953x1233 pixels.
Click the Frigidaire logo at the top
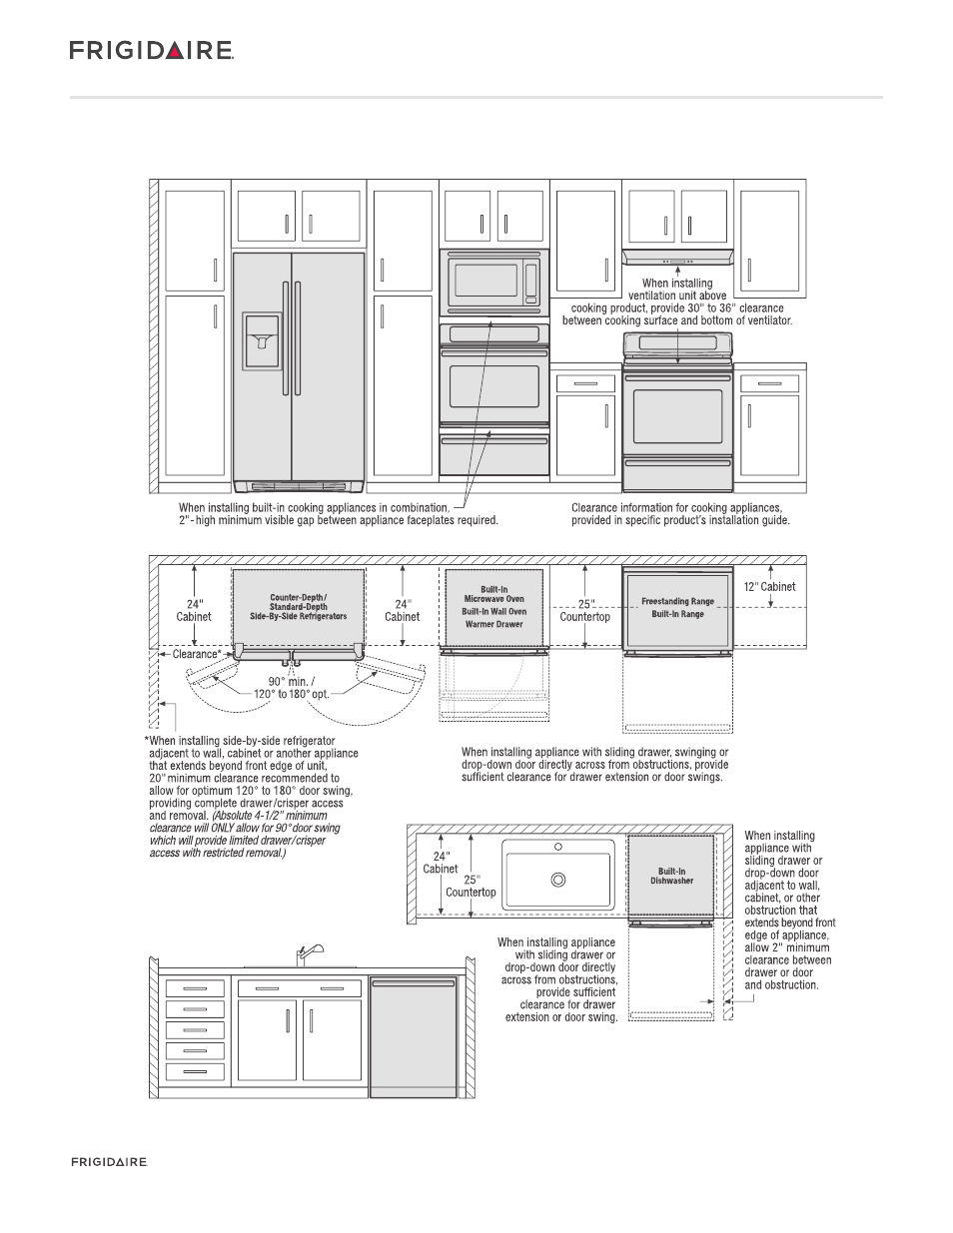151,50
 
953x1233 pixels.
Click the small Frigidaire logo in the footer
109,1162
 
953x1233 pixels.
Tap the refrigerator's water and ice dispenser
263,339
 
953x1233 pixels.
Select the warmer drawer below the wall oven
494,451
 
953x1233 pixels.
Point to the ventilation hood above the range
678,258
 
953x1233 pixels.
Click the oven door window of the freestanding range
678,416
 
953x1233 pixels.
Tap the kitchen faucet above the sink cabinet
306,952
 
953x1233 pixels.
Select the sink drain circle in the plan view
558,880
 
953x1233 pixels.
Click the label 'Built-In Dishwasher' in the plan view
672,876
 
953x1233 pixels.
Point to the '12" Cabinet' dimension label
769,587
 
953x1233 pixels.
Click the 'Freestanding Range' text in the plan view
678,601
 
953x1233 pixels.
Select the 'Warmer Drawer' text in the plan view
494,625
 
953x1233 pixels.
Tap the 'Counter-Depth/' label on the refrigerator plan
298,598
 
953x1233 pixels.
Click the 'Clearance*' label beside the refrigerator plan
197,655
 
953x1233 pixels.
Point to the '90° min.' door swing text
291,682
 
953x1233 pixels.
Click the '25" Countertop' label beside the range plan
584,610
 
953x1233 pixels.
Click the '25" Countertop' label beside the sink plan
471,886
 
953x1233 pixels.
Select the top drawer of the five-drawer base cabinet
196,988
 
